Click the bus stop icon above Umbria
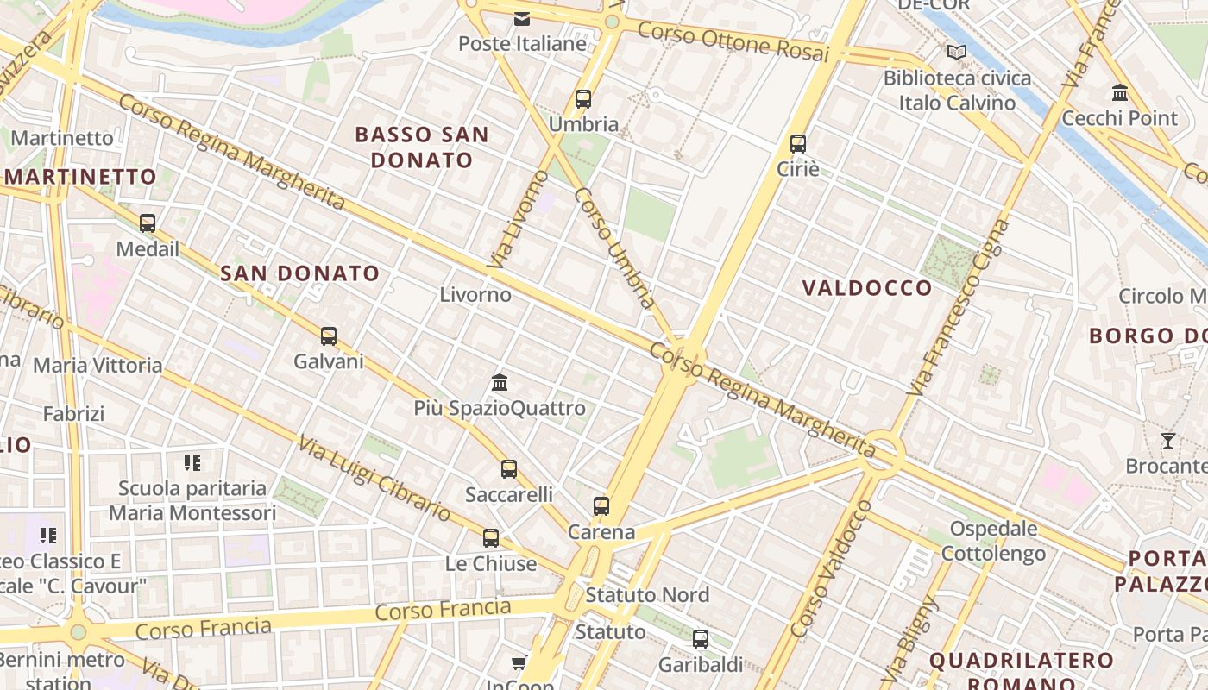pyautogui.click(x=583, y=99)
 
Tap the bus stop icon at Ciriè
pyautogui.click(x=798, y=144)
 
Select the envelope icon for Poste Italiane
pyautogui.click(x=522, y=19)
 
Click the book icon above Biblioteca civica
pyautogui.click(x=956, y=53)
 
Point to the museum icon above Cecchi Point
pyautogui.click(x=1120, y=92)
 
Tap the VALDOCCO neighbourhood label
pyautogui.click(x=867, y=288)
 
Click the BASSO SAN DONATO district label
pyautogui.click(x=422, y=147)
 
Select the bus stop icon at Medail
pyautogui.click(x=148, y=223)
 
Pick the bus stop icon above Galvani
pyautogui.click(x=329, y=336)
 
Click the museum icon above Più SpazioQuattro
pyautogui.click(x=499, y=382)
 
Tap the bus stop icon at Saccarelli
pyautogui.click(x=509, y=469)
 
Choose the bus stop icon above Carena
pyautogui.click(x=601, y=506)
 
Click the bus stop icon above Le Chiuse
pyautogui.click(x=491, y=538)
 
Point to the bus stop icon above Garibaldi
pyautogui.click(x=701, y=639)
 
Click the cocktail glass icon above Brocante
pyautogui.click(x=1167, y=441)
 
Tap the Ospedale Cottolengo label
pyautogui.click(x=993, y=541)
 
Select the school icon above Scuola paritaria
pyautogui.click(x=192, y=463)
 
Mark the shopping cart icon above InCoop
pyautogui.click(x=519, y=662)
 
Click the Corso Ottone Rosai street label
pyautogui.click(x=733, y=41)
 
